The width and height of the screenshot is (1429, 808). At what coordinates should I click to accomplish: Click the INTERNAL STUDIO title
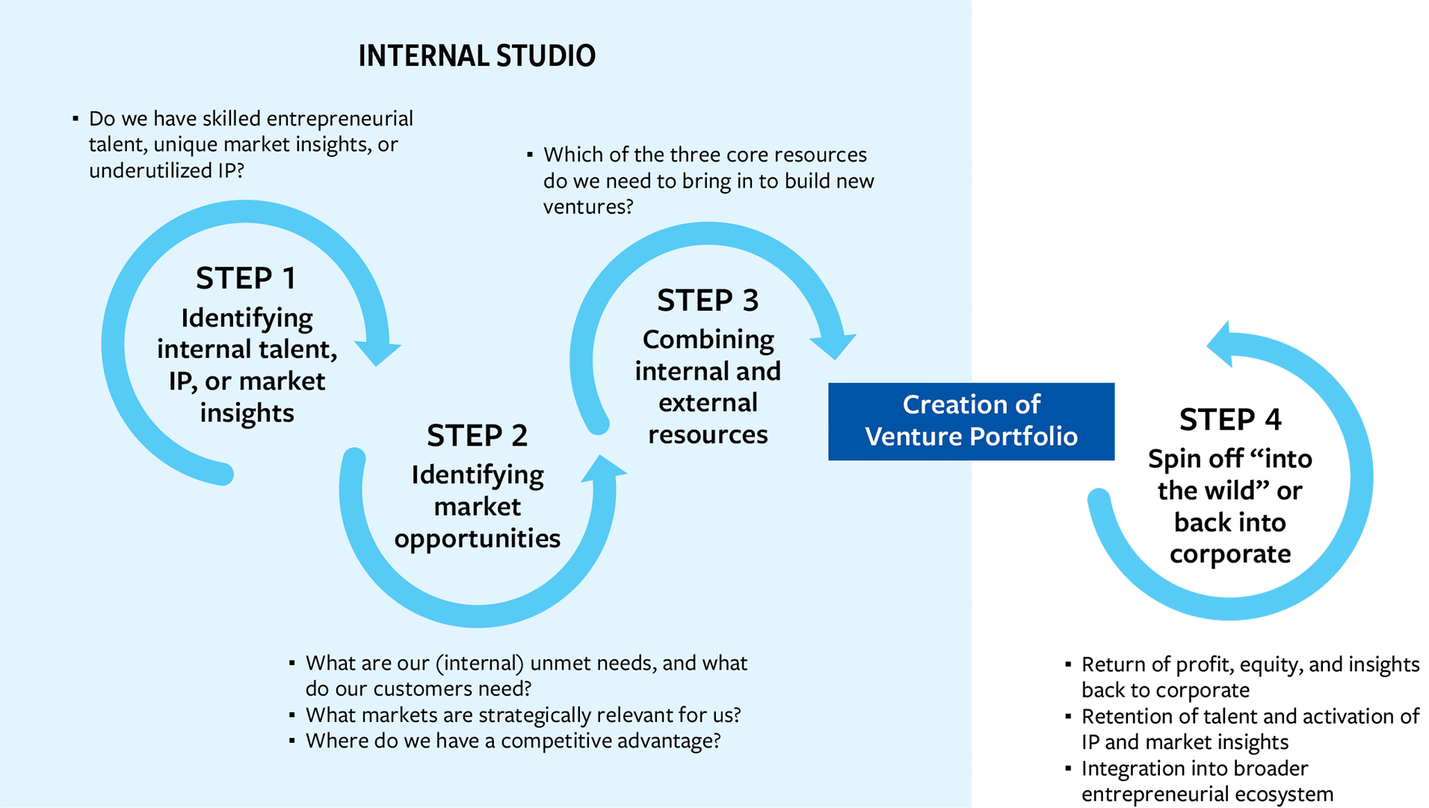(477, 56)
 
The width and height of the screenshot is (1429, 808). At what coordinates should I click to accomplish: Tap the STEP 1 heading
(246, 279)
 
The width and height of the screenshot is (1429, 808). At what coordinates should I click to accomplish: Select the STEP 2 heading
(477, 436)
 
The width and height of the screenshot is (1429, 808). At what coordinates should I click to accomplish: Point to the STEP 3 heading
(708, 300)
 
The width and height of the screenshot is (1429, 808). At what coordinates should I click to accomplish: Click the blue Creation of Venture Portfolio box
(971, 421)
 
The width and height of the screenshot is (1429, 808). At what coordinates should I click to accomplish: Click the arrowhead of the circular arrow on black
(1221, 343)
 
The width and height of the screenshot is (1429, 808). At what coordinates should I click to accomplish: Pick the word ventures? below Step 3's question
(587, 206)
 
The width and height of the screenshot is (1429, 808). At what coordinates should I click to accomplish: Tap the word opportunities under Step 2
(477, 539)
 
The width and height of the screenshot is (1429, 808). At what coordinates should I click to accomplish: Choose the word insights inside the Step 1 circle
(247, 413)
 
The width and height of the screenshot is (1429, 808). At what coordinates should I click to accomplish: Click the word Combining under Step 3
(708, 340)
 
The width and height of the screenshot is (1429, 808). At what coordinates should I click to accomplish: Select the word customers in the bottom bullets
(436, 688)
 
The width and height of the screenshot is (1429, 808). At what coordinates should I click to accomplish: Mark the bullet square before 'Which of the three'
(530, 155)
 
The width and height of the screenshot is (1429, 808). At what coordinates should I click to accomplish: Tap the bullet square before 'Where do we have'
(292, 741)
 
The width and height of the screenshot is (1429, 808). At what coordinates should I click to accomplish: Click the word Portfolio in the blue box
(1024, 437)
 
